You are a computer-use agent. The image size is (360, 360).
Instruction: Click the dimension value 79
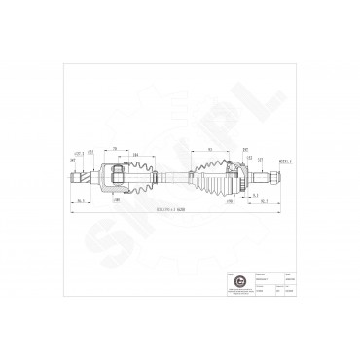tap(115, 147)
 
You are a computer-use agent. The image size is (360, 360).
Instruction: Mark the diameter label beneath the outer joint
tap(230, 201)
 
